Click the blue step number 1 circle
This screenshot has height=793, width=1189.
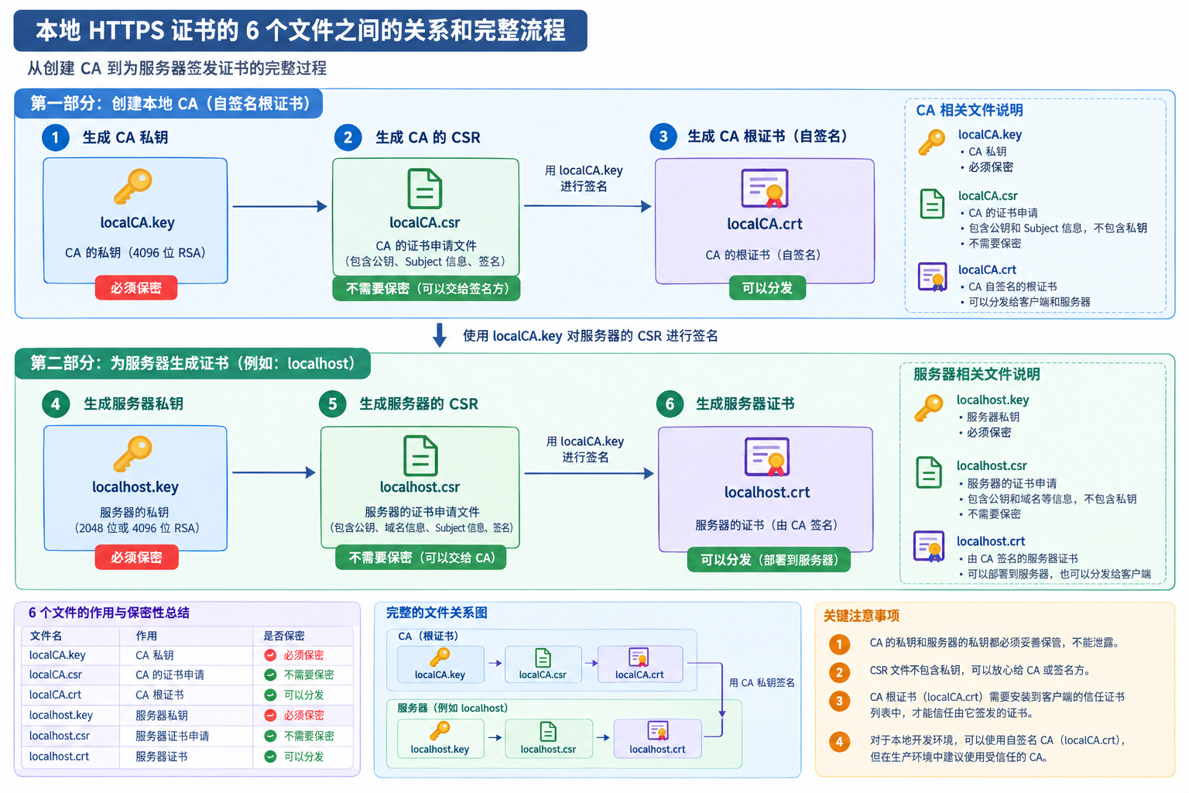tap(55, 138)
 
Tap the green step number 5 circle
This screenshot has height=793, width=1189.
tap(332, 404)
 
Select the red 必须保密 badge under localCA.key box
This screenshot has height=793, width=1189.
tap(136, 288)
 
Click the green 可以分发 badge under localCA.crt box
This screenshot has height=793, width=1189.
tap(767, 288)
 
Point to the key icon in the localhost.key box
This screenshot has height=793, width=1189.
tap(132, 454)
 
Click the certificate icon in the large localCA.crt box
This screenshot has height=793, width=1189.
tap(765, 188)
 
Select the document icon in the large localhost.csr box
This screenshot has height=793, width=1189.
tap(420, 455)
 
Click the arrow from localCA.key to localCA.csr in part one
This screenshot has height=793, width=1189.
tap(279, 206)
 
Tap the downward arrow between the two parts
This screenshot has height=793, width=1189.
tap(440, 335)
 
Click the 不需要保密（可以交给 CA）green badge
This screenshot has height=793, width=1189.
tap(420, 558)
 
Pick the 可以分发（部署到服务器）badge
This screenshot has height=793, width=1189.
tap(769, 560)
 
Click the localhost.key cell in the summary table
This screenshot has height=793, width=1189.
tap(61, 715)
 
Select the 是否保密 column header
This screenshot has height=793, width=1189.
tap(284, 636)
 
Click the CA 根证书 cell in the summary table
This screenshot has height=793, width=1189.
tap(159, 695)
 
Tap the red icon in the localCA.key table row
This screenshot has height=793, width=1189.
tap(270, 655)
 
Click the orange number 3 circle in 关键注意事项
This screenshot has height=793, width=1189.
tap(839, 701)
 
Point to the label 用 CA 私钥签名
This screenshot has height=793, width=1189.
tap(762, 682)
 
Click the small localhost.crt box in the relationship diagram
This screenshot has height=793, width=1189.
tap(658, 738)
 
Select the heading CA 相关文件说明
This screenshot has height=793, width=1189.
tap(969, 110)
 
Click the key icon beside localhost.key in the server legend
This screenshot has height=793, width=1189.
tap(929, 408)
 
